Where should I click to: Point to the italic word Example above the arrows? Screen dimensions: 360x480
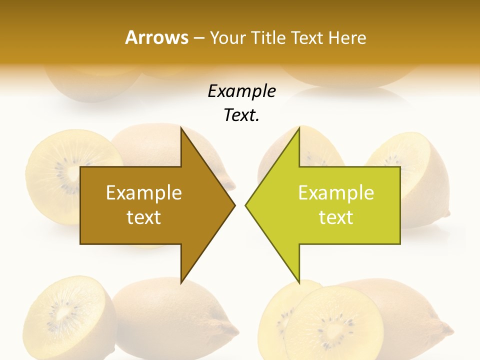tap(241, 91)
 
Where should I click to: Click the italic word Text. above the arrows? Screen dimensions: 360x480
tap(241, 115)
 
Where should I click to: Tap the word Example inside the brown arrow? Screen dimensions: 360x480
tap(143, 193)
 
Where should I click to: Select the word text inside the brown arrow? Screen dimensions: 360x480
tap(143, 217)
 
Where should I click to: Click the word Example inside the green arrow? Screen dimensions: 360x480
tap(336, 193)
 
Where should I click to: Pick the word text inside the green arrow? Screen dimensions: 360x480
tap(336, 217)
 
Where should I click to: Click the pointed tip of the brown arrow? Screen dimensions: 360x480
tap(234, 204)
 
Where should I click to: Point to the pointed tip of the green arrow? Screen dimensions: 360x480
tap(246, 204)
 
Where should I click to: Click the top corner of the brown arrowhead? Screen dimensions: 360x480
tap(181, 128)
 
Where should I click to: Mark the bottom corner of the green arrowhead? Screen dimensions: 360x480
tap(299, 283)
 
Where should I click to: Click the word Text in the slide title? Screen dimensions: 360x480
tap(306, 37)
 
